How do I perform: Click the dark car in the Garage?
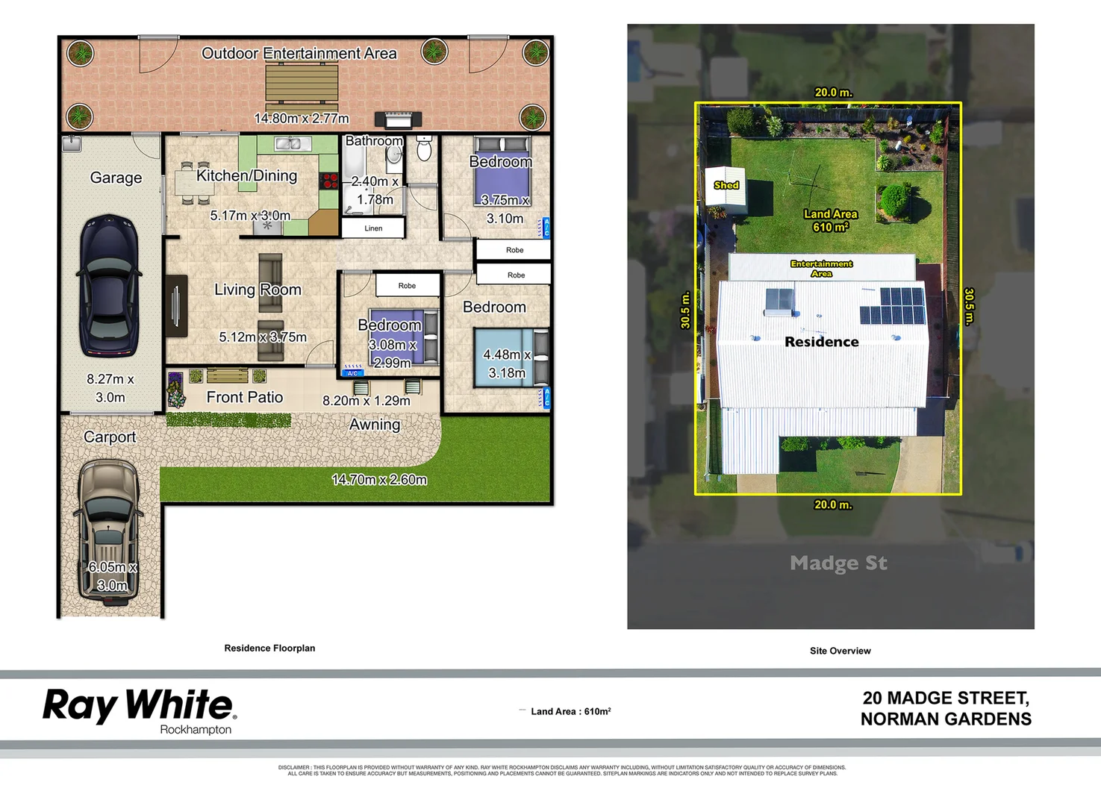coord(110,286)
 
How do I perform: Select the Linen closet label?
coord(373,228)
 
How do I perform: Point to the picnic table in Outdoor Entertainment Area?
coord(302,83)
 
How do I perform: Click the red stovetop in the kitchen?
coord(329,180)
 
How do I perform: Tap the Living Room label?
coord(258,290)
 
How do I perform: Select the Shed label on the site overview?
coord(726,185)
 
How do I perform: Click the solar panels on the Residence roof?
coord(893,305)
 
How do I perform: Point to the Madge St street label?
coord(838,563)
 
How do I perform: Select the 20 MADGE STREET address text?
coord(946,699)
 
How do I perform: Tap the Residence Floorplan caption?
coord(269,649)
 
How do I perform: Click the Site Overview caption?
coord(840,651)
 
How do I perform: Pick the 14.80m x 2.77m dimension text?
coord(301,119)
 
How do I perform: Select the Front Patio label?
coord(245,398)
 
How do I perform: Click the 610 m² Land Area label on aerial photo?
coord(830,221)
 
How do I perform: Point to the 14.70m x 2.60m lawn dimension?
coord(379,480)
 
